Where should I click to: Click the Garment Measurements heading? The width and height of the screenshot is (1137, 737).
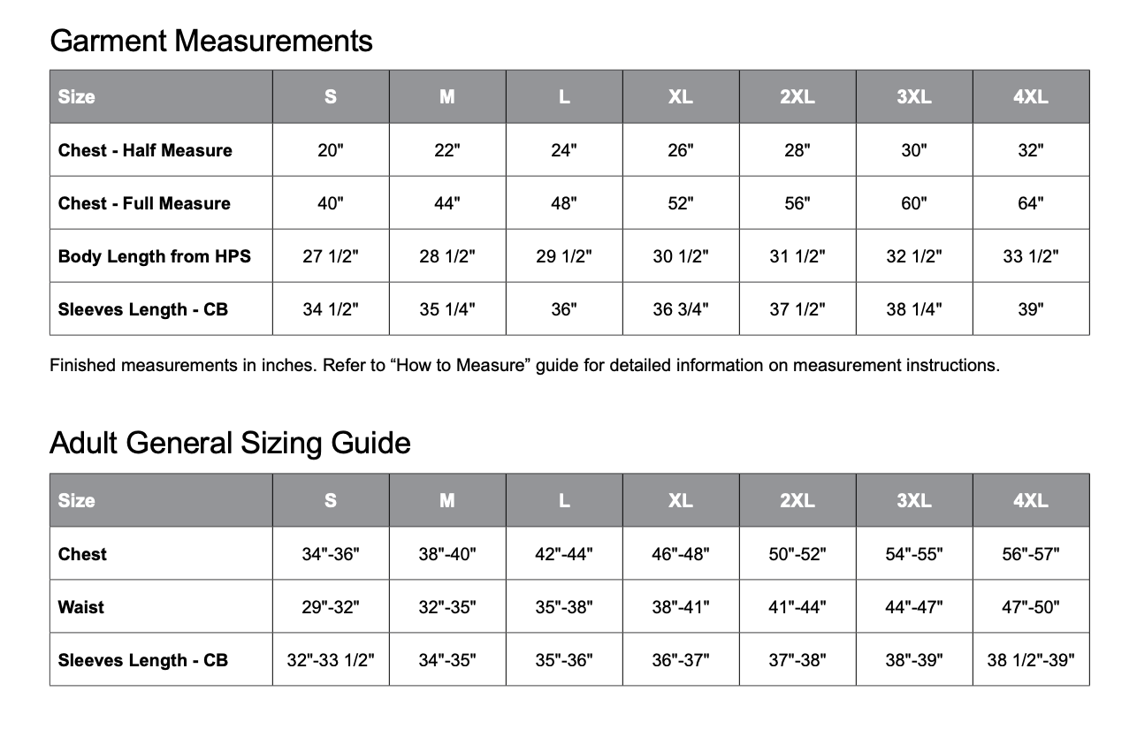[210, 41]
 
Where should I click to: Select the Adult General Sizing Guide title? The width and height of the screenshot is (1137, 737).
[230, 442]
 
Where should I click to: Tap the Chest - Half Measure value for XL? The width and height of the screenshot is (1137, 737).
[680, 150]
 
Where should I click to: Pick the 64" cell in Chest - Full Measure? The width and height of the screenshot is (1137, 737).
[1030, 203]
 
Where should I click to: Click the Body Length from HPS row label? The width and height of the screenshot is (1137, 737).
[155, 256]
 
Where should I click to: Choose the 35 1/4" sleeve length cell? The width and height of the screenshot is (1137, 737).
[446, 309]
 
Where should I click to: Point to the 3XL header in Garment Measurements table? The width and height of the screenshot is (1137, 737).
[913, 97]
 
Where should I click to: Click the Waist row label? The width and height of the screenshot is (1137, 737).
[81, 607]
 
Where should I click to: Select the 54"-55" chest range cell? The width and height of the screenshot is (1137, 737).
[913, 554]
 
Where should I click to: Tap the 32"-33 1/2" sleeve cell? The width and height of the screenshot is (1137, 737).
[331, 660]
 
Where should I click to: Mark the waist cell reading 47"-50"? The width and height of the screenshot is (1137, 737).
[1030, 607]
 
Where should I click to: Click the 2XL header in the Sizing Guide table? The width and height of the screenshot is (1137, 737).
[797, 500]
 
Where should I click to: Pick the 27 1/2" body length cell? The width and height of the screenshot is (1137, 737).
[331, 256]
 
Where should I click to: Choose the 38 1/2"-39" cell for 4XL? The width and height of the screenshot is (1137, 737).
[1030, 660]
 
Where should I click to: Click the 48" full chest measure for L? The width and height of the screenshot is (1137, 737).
[563, 203]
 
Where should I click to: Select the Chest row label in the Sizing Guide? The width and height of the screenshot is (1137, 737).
[82, 554]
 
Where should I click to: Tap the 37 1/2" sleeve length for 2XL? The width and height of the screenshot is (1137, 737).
[797, 309]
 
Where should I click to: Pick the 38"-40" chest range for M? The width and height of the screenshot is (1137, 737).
[446, 554]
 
